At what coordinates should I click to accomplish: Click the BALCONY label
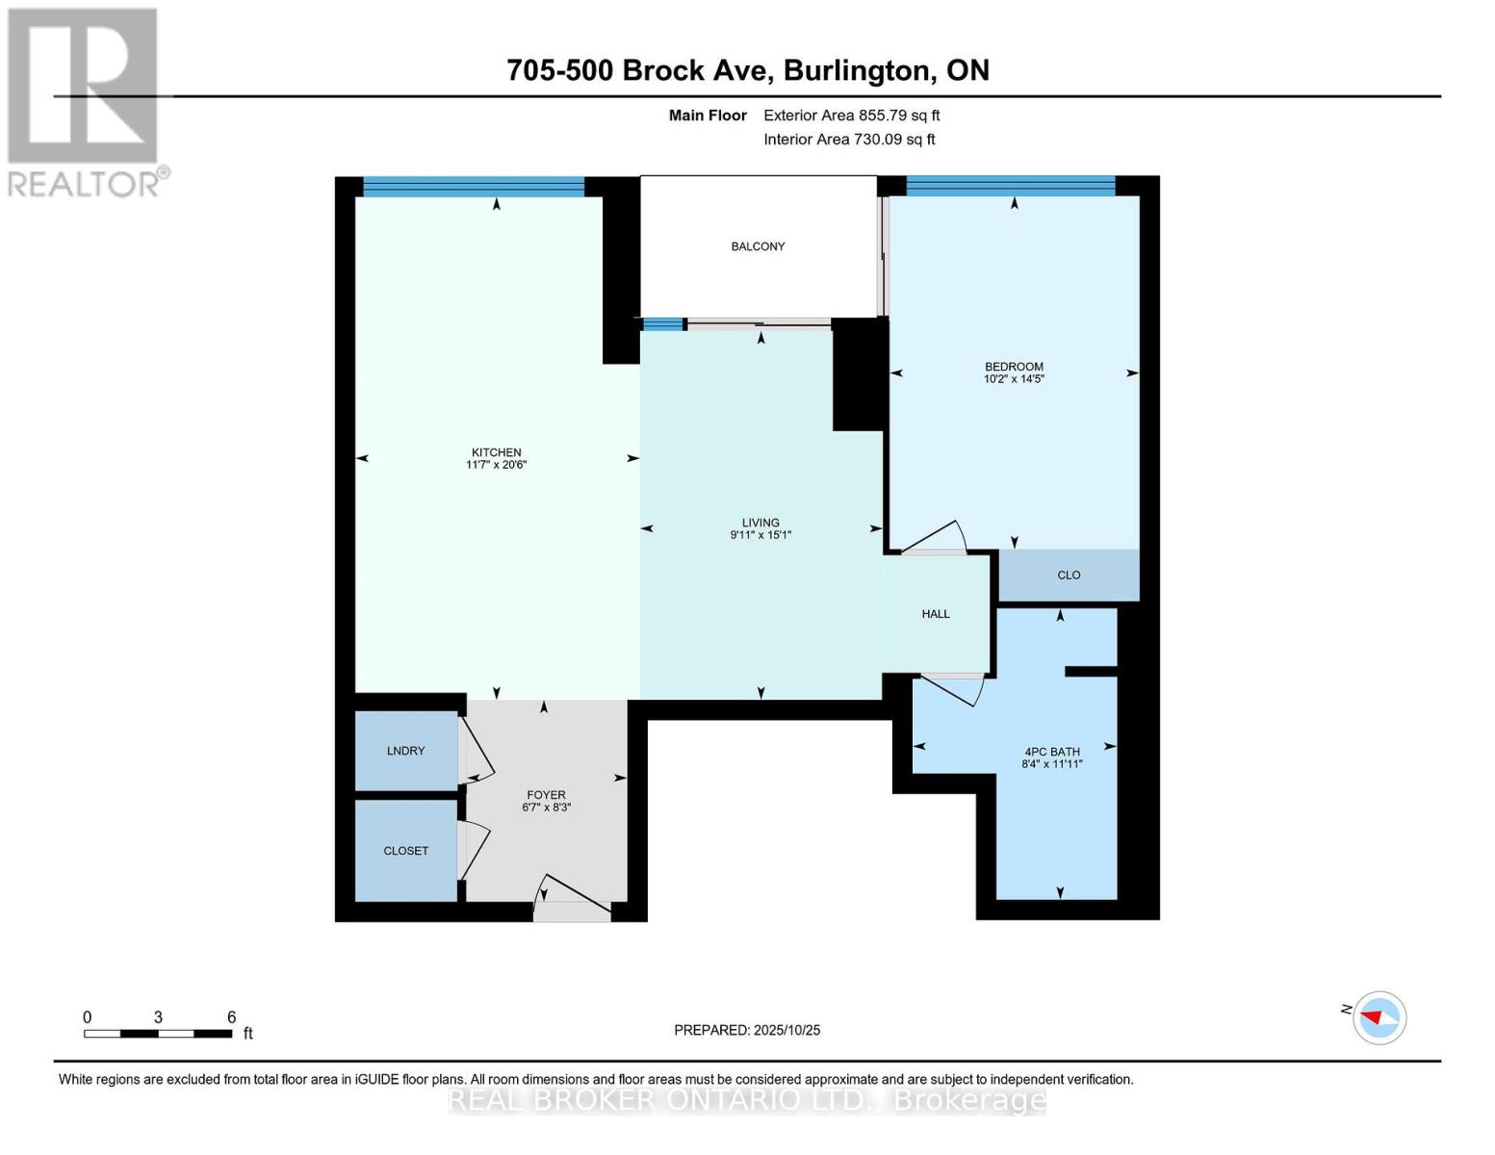pyautogui.click(x=758, y=246)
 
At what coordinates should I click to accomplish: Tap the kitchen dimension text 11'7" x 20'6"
pyautogui.click(x=496, y=465)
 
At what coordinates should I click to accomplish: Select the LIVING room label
pyautogui.click(x=760, y=523)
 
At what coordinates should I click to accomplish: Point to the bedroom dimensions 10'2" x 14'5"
pyautogui.click(x=1014, y=379)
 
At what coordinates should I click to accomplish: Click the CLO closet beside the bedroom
pyautogui.click(x=1069, y=575)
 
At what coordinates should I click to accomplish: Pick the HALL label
pyautogui.click(x=936, y=614)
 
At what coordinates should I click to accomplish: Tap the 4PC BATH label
pyautogui.click(x=1051, y=752)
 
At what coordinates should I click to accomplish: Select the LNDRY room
pyautogui.click(x=405, y=751)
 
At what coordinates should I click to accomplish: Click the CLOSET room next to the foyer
pyautogui.click(x=405, y=851)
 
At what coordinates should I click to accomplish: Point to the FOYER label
pyautogui.click(x=546, y=795)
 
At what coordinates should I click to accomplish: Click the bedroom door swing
pyautogui.click(x=934, y=538)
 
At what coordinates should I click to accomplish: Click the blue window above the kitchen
pyautogui.click(x=473, y=187)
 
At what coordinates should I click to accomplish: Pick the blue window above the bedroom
pyautogui.click(x=1010, y=186)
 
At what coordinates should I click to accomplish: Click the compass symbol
pyautogui.click(x=1379, y=1017)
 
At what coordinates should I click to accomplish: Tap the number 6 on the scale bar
pyautogui.click(x=231, y=1017)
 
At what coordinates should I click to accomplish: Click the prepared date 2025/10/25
pyautogui.click(x=786, y=1030)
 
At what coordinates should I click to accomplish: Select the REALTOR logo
pyautogui.click(x=85, y=102)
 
